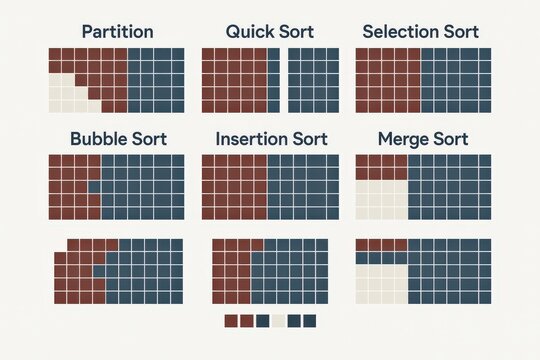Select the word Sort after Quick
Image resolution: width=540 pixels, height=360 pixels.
294,32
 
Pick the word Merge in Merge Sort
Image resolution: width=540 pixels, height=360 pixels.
402,139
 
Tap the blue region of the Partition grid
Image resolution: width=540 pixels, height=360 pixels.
155,80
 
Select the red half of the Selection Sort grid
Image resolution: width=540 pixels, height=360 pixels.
388,80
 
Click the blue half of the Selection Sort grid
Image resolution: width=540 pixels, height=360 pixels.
456,80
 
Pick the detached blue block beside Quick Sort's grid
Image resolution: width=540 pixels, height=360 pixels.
313,80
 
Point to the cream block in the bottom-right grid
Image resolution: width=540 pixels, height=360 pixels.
382,283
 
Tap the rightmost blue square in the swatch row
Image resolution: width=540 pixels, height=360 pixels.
309,321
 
